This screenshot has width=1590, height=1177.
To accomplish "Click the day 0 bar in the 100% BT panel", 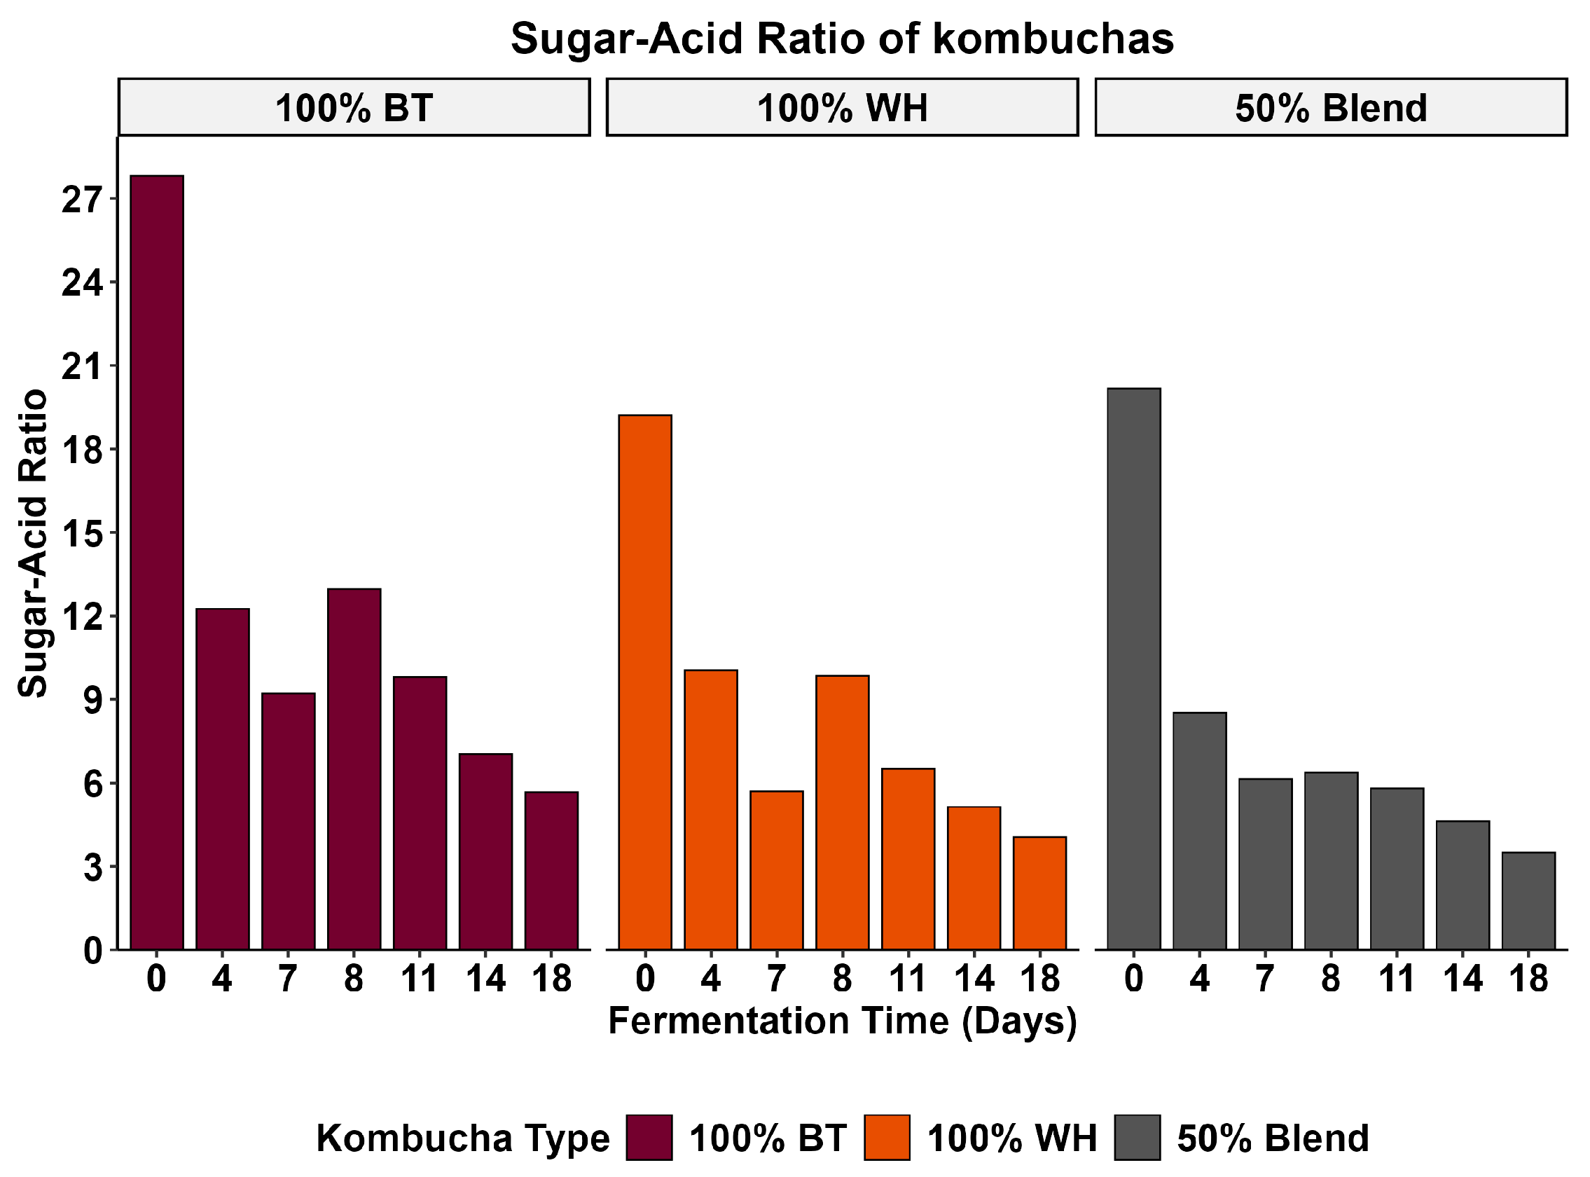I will click(157, 562).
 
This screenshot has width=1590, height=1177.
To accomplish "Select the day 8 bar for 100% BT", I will click(354, 769).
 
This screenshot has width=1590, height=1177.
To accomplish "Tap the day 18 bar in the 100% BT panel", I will click(551, 870).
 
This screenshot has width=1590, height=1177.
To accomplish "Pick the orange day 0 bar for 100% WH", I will click(644, 682).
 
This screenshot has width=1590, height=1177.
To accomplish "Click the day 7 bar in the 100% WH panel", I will click(777, 870).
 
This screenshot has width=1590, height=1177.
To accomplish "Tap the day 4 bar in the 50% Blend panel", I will click(1200, 831).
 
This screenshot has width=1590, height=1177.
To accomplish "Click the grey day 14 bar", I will click(1463, 885).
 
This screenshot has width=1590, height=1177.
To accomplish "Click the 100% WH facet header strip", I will click(842, 108).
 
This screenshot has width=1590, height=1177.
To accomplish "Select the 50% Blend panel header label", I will click(1331, 109).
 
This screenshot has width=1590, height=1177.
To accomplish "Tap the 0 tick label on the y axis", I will click(92, 951).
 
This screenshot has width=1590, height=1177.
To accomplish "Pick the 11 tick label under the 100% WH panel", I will click(908, 979).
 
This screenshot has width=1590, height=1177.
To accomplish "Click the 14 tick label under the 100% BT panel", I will click(485, 979).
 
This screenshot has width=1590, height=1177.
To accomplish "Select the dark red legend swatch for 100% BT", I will click(649, 1138).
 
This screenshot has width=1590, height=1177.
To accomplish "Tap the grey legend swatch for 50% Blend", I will click(1137, 1138).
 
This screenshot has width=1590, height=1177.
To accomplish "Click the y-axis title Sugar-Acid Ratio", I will click(33, 543).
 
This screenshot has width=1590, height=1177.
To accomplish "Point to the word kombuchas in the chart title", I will click(1053, 39).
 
